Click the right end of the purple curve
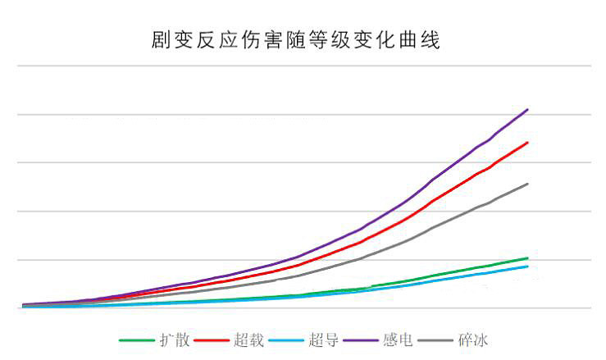coord(527,109)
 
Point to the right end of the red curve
coord(527,143)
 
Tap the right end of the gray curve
coord(527,184)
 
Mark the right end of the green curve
coord(527,258)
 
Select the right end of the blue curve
coord(527,267)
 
